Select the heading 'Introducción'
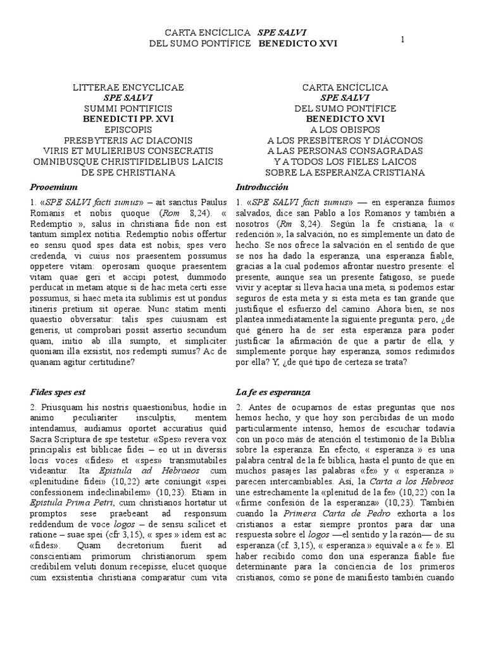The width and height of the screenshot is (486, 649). [261, 188]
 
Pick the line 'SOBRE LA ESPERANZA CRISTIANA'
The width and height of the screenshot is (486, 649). [345, 172]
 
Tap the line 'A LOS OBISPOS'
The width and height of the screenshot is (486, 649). [345, 129]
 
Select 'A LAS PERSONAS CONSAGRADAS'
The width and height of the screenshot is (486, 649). [345, 151]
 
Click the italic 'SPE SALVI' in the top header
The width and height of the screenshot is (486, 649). [279, 32]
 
